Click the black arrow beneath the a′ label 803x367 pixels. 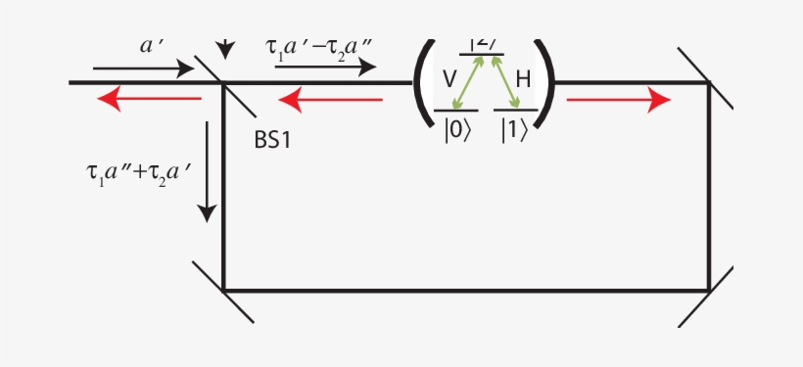144,69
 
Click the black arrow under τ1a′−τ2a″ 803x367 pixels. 325,67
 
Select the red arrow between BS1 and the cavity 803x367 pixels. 331,99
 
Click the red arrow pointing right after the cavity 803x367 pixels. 619,99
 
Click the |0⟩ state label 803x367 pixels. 456,130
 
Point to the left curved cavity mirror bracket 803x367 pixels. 423,83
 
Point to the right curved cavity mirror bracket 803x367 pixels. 546,83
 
